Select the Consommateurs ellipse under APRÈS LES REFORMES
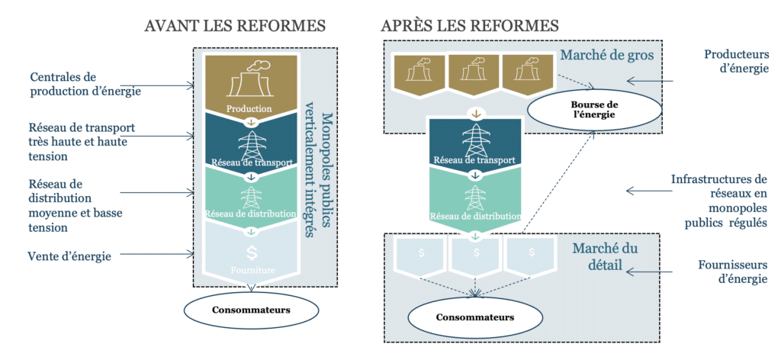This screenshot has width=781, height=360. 474,316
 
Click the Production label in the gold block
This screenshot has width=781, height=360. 249,109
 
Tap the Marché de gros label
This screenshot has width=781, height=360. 602,56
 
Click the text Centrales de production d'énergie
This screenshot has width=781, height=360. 85,85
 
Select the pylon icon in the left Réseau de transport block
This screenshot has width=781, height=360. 249,143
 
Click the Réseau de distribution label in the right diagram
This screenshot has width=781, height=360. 475,216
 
